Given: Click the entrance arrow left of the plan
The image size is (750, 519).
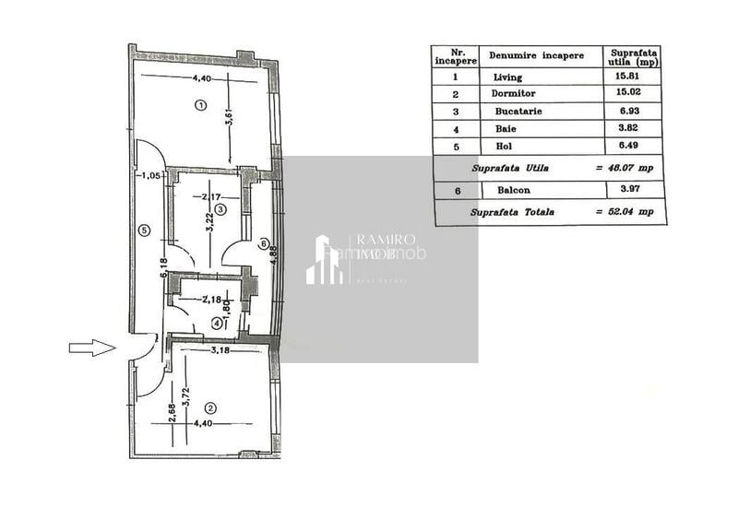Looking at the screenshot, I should click(91, 348).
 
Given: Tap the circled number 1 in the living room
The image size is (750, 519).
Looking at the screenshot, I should click(200, 105).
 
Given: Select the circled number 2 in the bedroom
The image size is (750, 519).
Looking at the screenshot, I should click(210, 407).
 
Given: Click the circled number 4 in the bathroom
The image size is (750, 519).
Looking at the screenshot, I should click(216, 323).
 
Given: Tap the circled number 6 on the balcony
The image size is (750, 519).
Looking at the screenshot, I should click(263, 244).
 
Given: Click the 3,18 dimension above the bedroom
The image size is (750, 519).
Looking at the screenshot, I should click(220, 351).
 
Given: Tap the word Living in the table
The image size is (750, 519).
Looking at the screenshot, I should click(508, 77).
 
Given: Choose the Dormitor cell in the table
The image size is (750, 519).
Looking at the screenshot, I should click(514, 93).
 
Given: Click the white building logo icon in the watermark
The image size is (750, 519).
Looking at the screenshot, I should click(323, 261).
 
